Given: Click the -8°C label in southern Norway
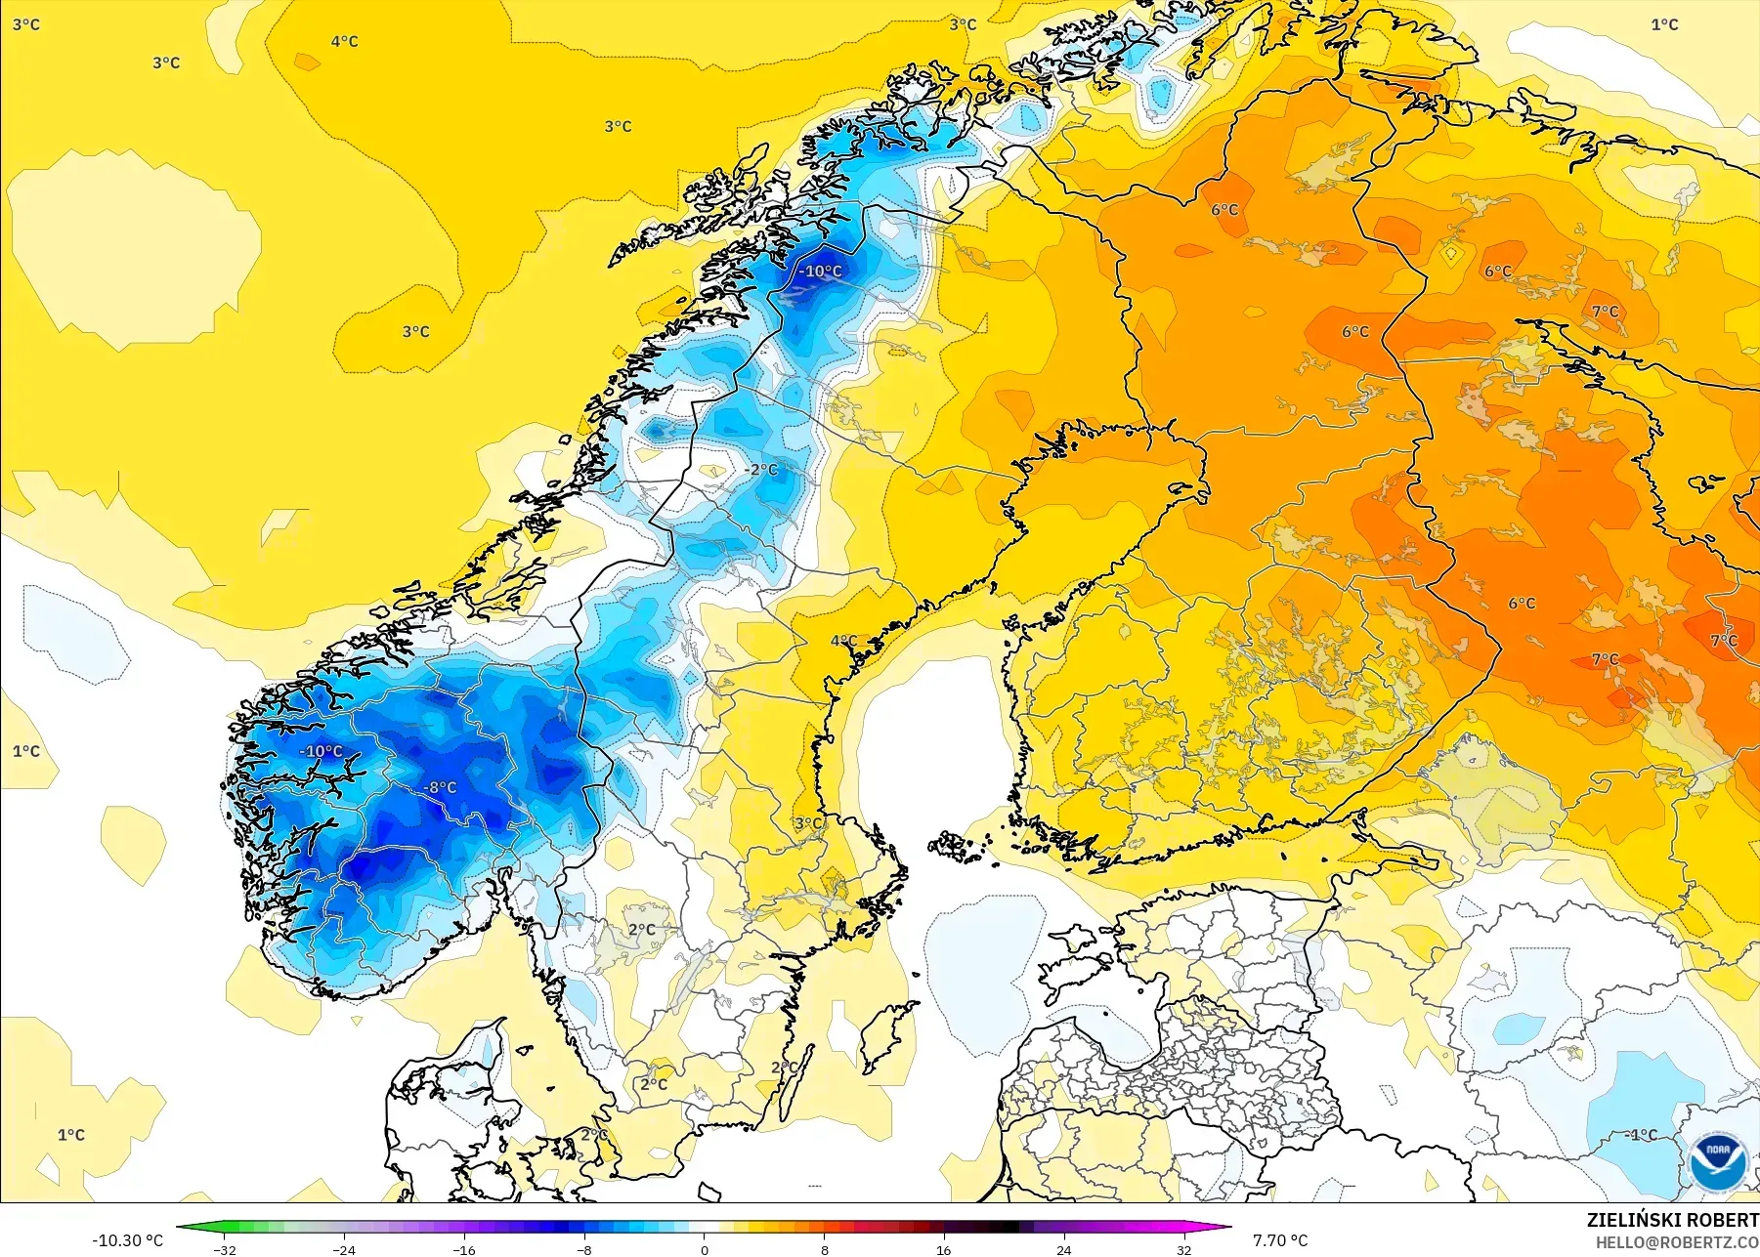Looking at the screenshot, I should [440, 787].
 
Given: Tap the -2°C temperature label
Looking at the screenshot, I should [761, 470].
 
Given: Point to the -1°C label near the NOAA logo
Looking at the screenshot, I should [1641, 1135].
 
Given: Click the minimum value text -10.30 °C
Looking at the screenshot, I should [128, 1240].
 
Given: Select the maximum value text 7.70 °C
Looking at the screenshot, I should [1280, 1240].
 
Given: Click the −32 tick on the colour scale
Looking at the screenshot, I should [225, 1249].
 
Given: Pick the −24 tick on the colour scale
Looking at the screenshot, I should [344, 1249].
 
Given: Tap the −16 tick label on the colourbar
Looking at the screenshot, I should [464, 1249].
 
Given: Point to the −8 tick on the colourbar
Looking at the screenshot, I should [584, 1249].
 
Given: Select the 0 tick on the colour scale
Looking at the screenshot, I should [705, 1249].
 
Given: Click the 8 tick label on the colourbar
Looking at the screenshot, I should [824, 1249].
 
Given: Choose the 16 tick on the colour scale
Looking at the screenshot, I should [944, 1249].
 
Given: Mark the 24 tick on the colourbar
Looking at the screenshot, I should [1064, 1249].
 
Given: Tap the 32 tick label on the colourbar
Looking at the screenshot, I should [1183, 1249].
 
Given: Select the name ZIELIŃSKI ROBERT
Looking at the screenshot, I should [1672, 1220].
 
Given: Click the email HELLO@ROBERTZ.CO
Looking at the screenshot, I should [1677, 1242].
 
